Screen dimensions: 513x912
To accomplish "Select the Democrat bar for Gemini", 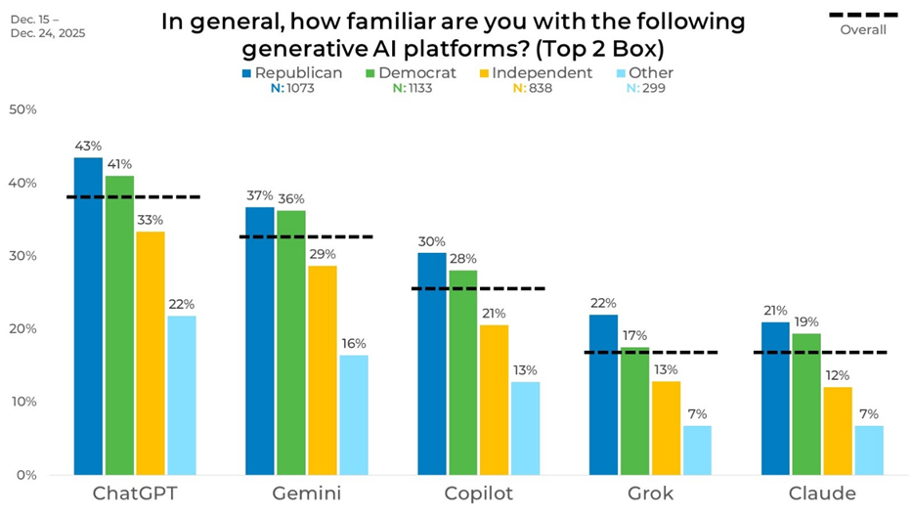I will tap(290, 342).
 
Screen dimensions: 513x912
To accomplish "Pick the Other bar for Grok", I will tap(697, 449).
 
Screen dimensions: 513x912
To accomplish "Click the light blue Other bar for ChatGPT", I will tap(181, 395).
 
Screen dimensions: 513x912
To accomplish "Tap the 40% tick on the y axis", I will tap(22, 184).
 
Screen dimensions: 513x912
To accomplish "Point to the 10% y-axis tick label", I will tap(22, 402).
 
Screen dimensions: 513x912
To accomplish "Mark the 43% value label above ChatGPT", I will tap(88, 146).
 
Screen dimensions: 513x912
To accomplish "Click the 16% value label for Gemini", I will tap(355, 343).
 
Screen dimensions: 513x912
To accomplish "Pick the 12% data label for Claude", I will tap(838, 375).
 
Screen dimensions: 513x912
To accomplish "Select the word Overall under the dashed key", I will tap(863, 29).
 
